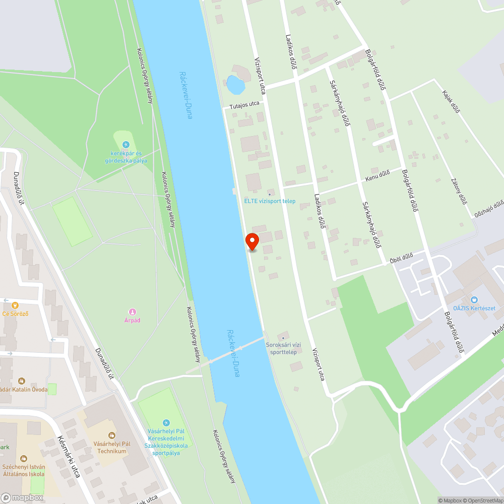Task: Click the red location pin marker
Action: (x=251, y=241)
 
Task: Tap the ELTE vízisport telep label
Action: (x=270, y=201)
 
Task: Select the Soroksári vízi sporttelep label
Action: (x=283, y=348)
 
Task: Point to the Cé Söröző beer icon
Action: (x=15, y=305)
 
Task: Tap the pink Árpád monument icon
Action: (x=132, y=312)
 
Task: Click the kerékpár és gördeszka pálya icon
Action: (x=126, y=145)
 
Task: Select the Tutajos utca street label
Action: (x=244, y=105)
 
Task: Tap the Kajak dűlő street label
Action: (x=451, y=101)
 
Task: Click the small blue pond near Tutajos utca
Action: (x=235, y=85)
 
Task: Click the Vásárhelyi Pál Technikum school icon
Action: (x=111, y=434)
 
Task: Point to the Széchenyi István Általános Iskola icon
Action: (x=23, y=459)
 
